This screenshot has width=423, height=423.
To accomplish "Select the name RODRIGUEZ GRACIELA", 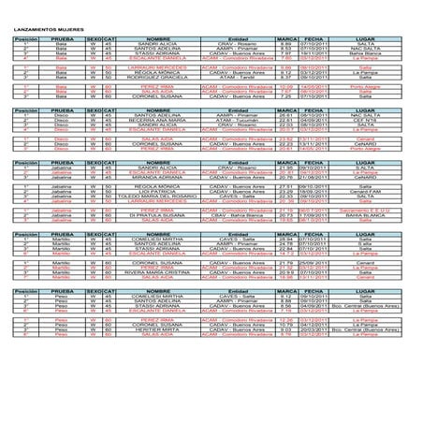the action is click(x=152, y=77).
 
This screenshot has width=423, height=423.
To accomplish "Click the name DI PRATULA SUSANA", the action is click(x=152, y=216).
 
